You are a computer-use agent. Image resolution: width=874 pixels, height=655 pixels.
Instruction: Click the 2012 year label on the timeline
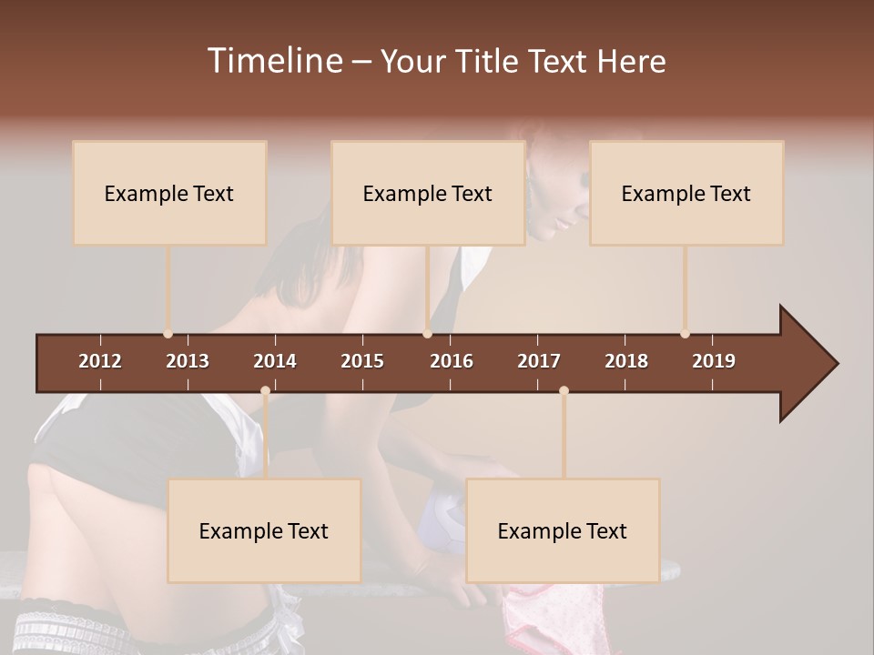pyautogui.click(x=100, y=361)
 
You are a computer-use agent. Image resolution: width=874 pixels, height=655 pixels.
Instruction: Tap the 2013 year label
pyautogui.click(x=188, y=361)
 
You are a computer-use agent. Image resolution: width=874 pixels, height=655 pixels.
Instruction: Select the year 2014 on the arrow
pyautogui.click(x=275, y=361)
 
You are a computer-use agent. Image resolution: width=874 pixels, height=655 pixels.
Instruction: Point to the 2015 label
pyautogui.click(x=362, y=361)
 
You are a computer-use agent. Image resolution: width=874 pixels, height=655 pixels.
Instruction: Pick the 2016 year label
pyautogui.click(x=452, y=361)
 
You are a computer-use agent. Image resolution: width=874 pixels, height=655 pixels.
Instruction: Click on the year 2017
pyautogui.click(x=539, y=361)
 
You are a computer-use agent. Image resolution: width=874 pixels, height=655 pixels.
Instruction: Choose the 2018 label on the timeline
pyautogui.click(x=626, y=361)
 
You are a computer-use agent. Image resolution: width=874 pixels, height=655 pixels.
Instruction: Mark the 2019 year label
pyautogui.click(x=714, y=361)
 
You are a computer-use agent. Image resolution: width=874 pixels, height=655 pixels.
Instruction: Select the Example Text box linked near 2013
pyautogui.click(x=169, y=193)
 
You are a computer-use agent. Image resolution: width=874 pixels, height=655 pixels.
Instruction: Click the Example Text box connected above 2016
pyautogui.click(x=428, y=193)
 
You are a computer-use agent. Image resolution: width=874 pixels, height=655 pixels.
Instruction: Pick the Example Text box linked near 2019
pyautogui.click(x=686, y=193)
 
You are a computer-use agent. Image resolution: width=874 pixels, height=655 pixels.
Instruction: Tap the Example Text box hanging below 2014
pyautogui.click(x=264, y=530)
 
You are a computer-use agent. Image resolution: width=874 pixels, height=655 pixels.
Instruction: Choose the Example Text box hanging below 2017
pyautogui.click(x=563, y=530)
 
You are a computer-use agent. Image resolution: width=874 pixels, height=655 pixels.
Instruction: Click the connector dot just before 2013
pyautogui.click(x=168, y=334)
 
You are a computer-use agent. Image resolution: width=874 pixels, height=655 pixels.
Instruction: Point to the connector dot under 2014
pyautogui.click(x=265, y=391)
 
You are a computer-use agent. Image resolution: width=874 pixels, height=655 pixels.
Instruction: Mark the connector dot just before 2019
pyautogui.click(x=685, y=334)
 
